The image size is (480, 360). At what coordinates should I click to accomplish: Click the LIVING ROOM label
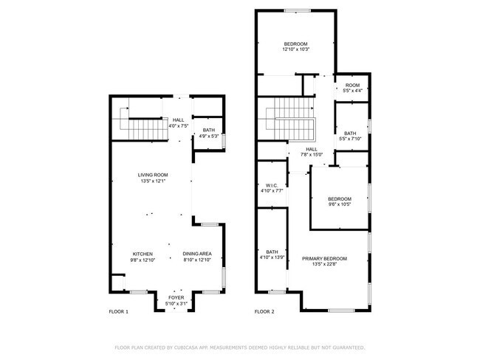coord(152,175)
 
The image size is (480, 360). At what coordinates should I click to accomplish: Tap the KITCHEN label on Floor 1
coord(143,254)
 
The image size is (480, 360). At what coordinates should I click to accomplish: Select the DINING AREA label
coord(197,254)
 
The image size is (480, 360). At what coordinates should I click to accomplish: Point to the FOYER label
coord(176,297)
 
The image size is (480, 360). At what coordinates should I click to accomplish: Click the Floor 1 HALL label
coord(178,120)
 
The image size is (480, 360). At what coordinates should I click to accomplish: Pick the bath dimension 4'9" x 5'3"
coord(209,136)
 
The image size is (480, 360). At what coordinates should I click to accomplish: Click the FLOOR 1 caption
coord(118,312)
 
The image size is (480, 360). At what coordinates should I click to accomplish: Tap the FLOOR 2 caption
coord(264,312)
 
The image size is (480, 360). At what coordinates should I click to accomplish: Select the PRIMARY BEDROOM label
coord(324,258)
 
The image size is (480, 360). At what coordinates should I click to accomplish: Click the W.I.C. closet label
coord(271,185)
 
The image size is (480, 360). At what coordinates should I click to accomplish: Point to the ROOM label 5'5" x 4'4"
coord(352,86)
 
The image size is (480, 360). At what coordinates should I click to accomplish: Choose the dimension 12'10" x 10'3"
coord(296,49)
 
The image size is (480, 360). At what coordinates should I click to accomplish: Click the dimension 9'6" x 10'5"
coord(340,204)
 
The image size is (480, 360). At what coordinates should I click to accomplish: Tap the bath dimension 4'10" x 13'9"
coord(272,257)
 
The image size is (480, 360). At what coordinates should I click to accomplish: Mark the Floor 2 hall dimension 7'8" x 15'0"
coord(312,154)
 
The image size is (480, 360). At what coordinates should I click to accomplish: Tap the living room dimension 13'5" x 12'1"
coord(152,181)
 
